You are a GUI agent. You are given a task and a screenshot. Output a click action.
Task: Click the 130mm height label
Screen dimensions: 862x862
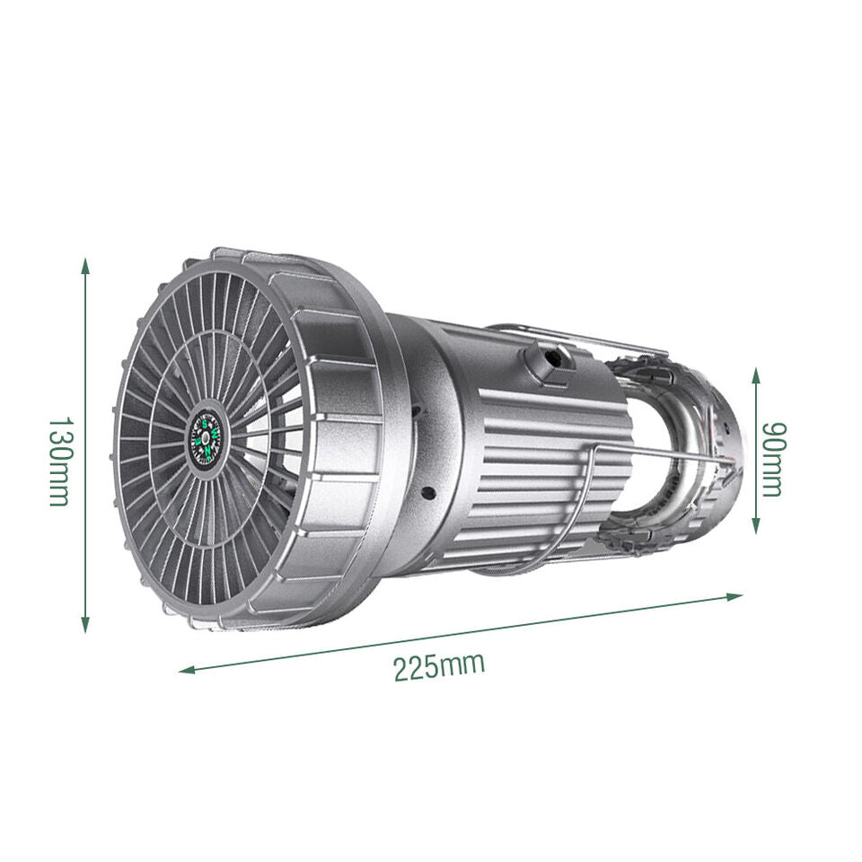[x=59, y=461]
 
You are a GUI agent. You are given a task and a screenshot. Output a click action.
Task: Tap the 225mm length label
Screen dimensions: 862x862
[x=439, y=666]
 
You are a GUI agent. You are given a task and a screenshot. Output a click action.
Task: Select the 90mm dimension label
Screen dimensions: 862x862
[x=773, y=460]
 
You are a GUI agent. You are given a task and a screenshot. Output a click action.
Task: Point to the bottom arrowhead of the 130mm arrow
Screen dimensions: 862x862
[x=84, y=625]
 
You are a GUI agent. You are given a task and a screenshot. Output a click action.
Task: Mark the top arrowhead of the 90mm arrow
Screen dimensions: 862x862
[x=756, y=375]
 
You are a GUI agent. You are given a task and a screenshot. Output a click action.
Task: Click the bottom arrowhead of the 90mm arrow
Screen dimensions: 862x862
[x=756, y=525]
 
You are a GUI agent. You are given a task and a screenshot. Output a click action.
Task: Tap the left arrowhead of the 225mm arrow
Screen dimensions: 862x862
[x=188, y=670]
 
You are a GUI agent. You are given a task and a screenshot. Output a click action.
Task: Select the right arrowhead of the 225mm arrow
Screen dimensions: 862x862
[x=735, y=596]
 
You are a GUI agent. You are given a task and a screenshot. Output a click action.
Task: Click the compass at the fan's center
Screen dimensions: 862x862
[x=205, y=437]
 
